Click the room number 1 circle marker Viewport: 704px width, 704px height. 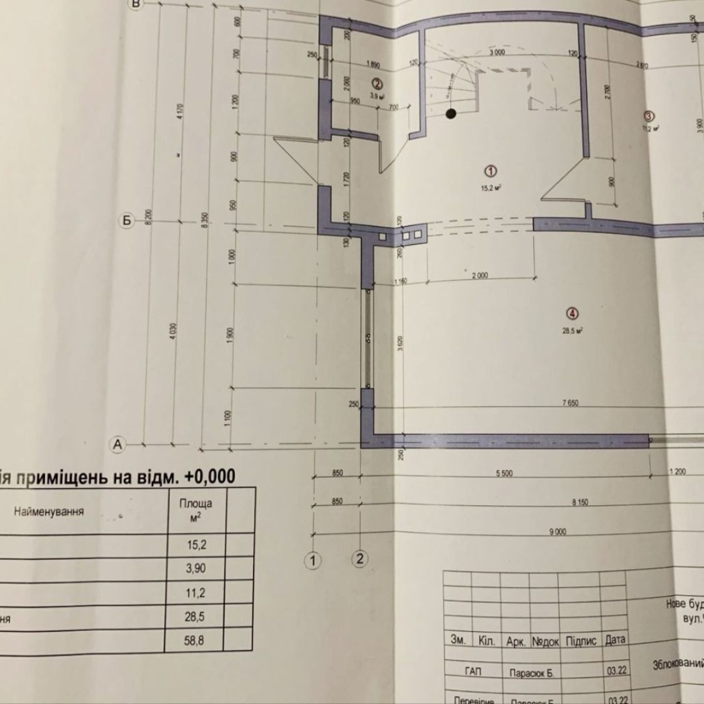(491, 171)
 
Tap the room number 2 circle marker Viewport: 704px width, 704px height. (376, 83)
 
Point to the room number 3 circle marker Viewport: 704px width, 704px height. (649, 116)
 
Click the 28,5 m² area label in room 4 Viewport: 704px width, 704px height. (572, 330)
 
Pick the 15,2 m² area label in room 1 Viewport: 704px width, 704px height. (491, 187)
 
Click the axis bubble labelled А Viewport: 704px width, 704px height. (117, 444)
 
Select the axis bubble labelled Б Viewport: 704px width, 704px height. (127, 221)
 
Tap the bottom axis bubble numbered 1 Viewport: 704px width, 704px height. (314, 559)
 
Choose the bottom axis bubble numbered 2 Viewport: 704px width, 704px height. (360, 558)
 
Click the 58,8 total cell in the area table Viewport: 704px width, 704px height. (195, 641)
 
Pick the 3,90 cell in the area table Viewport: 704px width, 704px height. (195, 568)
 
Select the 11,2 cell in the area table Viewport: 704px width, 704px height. (195, 593)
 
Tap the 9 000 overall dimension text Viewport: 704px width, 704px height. (557, 532)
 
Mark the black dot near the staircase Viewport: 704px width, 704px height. (450, 115)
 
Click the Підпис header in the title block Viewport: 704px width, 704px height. (580, 641)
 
